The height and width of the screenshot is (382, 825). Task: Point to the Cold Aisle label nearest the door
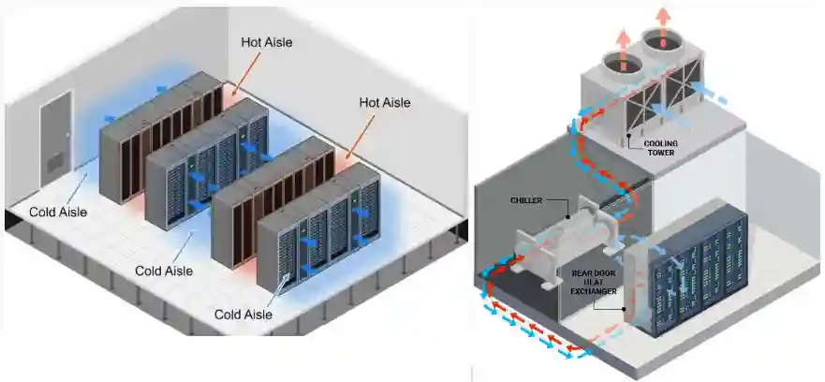click(58, 212)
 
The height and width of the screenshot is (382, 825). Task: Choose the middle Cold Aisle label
click(164, 271)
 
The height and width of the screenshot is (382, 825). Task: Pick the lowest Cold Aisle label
click(243, 315)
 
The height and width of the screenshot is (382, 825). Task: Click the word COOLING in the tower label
click(660, 144)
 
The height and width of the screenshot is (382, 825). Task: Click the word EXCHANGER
click(595, 292)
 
